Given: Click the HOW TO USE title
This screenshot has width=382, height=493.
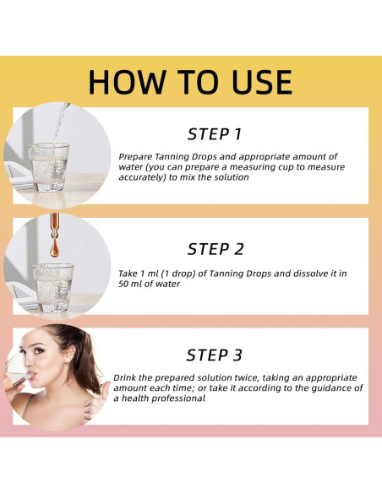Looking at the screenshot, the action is (190, 82).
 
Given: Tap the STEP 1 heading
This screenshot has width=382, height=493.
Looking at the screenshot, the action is (215, 134).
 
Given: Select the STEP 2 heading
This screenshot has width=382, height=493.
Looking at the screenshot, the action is (216, 249).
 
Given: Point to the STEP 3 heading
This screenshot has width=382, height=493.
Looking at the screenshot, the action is (215, 355).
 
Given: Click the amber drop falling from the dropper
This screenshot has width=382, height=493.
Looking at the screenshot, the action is (54, 246).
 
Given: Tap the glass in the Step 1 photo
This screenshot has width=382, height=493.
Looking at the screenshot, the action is (48, 167).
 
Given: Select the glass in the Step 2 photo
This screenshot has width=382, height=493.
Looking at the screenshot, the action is (53, 288).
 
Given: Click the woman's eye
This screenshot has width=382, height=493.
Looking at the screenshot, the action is (39, 350).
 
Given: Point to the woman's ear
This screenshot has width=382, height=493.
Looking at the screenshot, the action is (70, 354).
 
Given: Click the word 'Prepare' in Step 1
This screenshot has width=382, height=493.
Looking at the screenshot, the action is (135, 157).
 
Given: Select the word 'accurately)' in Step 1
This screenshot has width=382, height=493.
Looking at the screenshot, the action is (142, 177).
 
